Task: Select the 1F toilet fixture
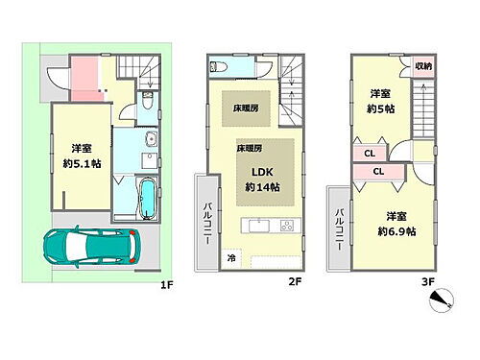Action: click(x=145, y=103)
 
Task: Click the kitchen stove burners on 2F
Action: click(x=285, y=226)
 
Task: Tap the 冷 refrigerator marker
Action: click(x=231, y=257)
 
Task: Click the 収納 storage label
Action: click(x=422, y=65)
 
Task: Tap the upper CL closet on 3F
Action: click(x=370, y=153)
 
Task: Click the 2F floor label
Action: click(x=295, y=281)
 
